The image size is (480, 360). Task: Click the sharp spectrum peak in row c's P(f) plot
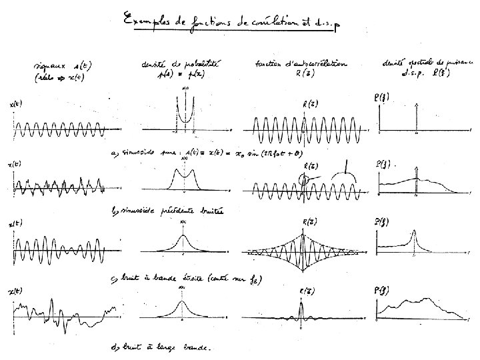pyautogui.click(x=414, y=235)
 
